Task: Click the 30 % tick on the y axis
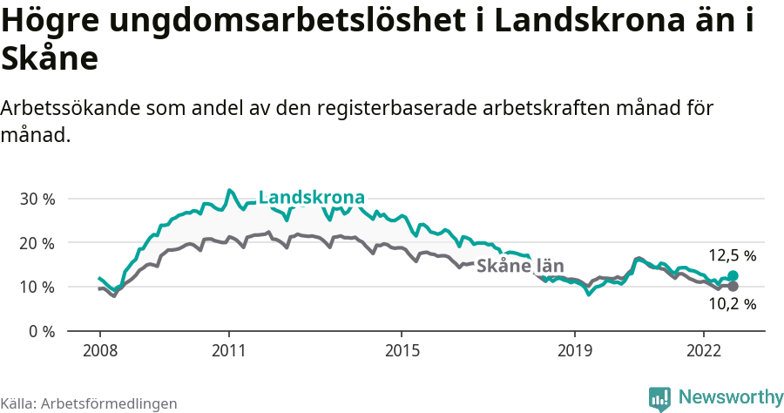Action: click(37, 199)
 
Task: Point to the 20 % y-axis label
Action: click(37, 243)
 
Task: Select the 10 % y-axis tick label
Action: click(37, 288)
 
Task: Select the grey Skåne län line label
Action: click(520, 266)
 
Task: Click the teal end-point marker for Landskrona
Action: click(733, 276)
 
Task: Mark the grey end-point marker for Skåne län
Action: click(733, 286)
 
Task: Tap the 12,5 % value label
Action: click(732, 256)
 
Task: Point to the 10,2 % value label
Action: click(732, 305)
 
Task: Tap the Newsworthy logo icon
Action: click(659, 398)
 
